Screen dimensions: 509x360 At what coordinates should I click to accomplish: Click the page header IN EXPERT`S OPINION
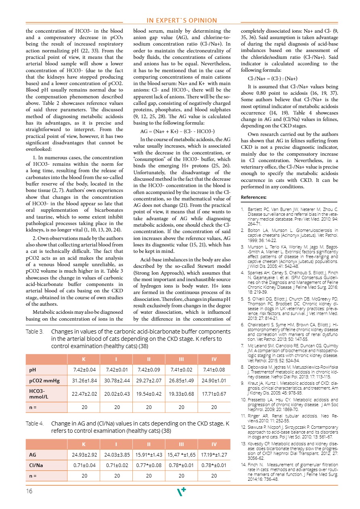[x=182, y=21]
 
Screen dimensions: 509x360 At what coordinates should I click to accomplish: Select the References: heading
[x=253, y=198]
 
